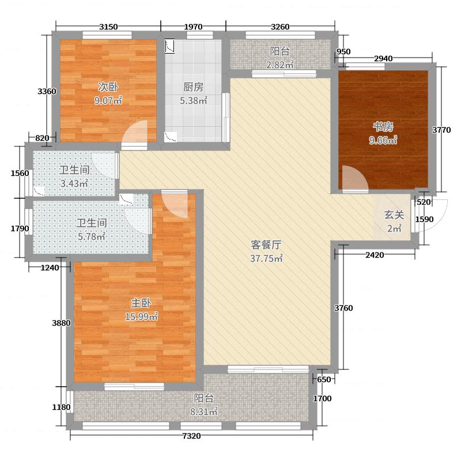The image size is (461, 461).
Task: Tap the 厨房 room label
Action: tap(194, 88)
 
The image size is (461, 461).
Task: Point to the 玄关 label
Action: tap(394, 215)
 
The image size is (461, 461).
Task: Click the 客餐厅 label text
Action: tap(265, 244)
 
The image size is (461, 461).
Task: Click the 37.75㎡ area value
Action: tap(266, 258)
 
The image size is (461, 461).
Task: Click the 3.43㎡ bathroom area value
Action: tap(73, 184)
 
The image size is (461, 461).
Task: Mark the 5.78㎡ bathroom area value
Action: tap(91, 236)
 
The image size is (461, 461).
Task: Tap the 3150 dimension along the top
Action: tap(108, 27)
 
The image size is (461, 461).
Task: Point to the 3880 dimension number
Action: tap(61, 323)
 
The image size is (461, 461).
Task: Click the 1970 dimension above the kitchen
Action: tap(193, 27)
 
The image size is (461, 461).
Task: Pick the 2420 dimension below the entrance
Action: tap(375, 255)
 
